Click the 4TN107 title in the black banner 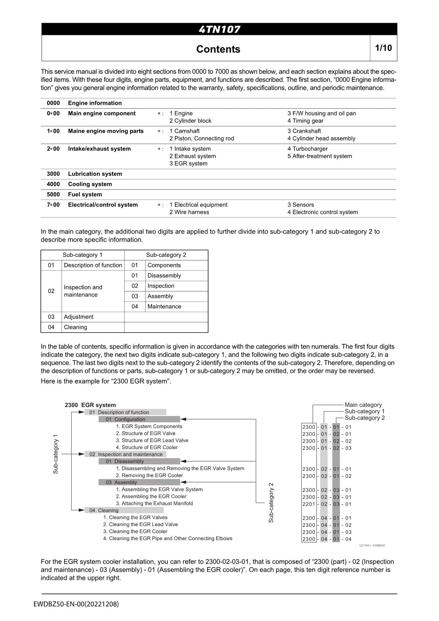pyautogui.click(x=219, y=29)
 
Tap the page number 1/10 pyautogui.click(x=383, y=48)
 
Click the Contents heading pyautogui.click(x=218, y=49)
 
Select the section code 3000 pyautogui.click(x=53, y=174)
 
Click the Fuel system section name pyautogui.click(x=85, y=194)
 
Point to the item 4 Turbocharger pyautogui.click(x=307, y=149)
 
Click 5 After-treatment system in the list pyautogui.click(x=319, y=156)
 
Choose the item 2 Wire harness pyautogui.click(x=189, y=212)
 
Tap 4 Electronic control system pyautogui.click(x=323, y=212)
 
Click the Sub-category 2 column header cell pyautogui.click(x=166, y=255)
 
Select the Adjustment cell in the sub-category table pyautogui.click(x=79, y=317)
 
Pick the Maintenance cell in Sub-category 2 pyautogui.click(x=164, y=306)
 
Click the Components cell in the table pyautogui.click(x=164, y=265)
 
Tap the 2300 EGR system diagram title pyautogui.click(x=90, y=405)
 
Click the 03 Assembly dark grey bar pyautogui.click(x=139, y=482)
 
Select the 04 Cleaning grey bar pyautogui.click(x=124, y=510)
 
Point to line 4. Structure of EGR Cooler pyautogui.click(x=147, y=447)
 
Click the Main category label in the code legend pyautogui.click(x=363, y=405)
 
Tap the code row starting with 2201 pyautogui.click(x=326, y=504)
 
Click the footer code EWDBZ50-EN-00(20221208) pyautogui.click(x=76, y=604)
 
